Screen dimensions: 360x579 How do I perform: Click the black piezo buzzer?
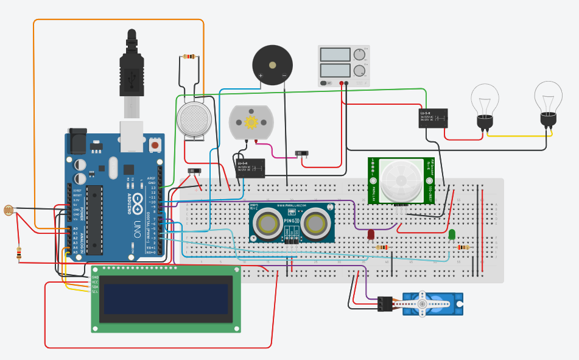coord(272,65)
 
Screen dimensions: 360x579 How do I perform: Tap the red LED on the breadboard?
coord(371,234)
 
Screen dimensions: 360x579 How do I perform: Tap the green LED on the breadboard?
coord(451,235)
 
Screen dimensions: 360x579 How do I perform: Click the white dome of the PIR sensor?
coord(401,180)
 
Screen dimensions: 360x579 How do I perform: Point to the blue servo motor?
coord(432,303)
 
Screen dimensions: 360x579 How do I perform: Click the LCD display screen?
coord(166,298)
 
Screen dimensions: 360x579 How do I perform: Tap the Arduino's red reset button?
coord(155,146)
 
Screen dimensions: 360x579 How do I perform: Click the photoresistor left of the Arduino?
coord(9,211)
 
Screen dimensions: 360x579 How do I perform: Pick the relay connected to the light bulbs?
coord(433,118)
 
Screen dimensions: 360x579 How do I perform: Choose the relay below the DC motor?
coord(250,168)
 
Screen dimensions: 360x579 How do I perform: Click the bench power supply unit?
coord(343,66)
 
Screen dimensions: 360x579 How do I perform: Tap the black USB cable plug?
coord(132,67)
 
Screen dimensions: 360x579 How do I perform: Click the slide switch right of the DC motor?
coord(301,154)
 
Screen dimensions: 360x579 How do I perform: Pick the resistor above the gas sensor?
coord(189,57)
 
